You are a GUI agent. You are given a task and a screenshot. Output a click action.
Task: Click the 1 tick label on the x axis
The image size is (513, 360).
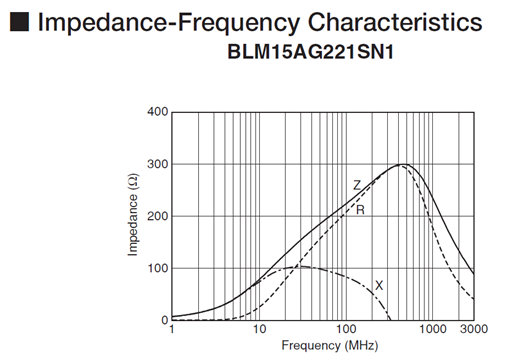[x=173, y=330]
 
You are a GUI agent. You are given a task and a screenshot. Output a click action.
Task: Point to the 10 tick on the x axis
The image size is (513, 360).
[x=259, y=330]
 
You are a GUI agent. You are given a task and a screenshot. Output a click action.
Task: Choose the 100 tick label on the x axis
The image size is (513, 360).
[x=346, y=330]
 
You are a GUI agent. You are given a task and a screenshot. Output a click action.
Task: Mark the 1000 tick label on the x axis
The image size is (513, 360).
[x=432, y=330]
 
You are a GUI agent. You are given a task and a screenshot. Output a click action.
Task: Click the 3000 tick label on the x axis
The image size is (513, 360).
[x=473, y=330]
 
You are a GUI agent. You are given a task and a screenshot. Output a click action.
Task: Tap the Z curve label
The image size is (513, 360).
[x=355, y=185]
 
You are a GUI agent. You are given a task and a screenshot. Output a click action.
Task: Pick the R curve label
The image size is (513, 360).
[x=359, y=210]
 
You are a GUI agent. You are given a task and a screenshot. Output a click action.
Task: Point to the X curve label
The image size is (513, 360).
[x=378, y=285]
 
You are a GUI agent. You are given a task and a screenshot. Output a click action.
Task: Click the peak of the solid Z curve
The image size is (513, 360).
[x=403, y=164]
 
